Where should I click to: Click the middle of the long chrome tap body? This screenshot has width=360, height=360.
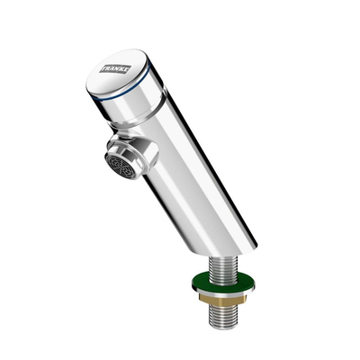[198, 171]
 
